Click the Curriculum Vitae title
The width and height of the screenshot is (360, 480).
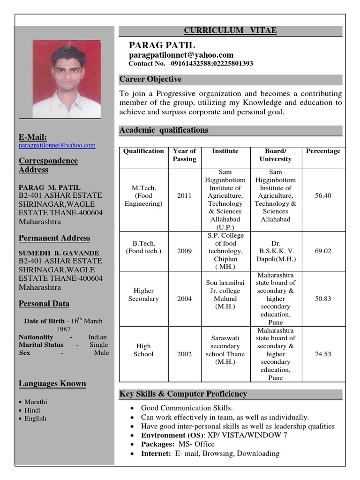click(x=230, y=31)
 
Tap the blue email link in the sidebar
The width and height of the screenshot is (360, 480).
click(x=57, y=146)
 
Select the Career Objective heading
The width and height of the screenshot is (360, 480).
click(x=150, y=79)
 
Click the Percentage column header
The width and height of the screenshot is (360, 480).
click(x=323, y=151)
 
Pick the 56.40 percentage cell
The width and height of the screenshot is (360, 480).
click(x=323, y=195)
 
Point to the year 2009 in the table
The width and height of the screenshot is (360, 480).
click(x=184, y=251)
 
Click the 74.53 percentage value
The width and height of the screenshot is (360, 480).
click(x=323, y=354)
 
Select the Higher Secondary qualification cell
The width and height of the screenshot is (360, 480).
click(x=143, y=295)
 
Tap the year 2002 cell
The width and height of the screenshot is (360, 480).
click(x=184, y=354)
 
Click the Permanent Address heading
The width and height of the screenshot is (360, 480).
click(x=54, y=238)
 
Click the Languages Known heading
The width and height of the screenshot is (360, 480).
click(x=52, y=384)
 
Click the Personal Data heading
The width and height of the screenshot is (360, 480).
click(x=44, y=304)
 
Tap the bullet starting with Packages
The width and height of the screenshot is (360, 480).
click(x=178, y=444)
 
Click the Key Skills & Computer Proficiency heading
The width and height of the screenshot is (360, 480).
click(x=183, y=394)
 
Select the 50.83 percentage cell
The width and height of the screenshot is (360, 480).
click(x=323, y=299)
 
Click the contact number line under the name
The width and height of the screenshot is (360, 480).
click(x=191, y=63)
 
